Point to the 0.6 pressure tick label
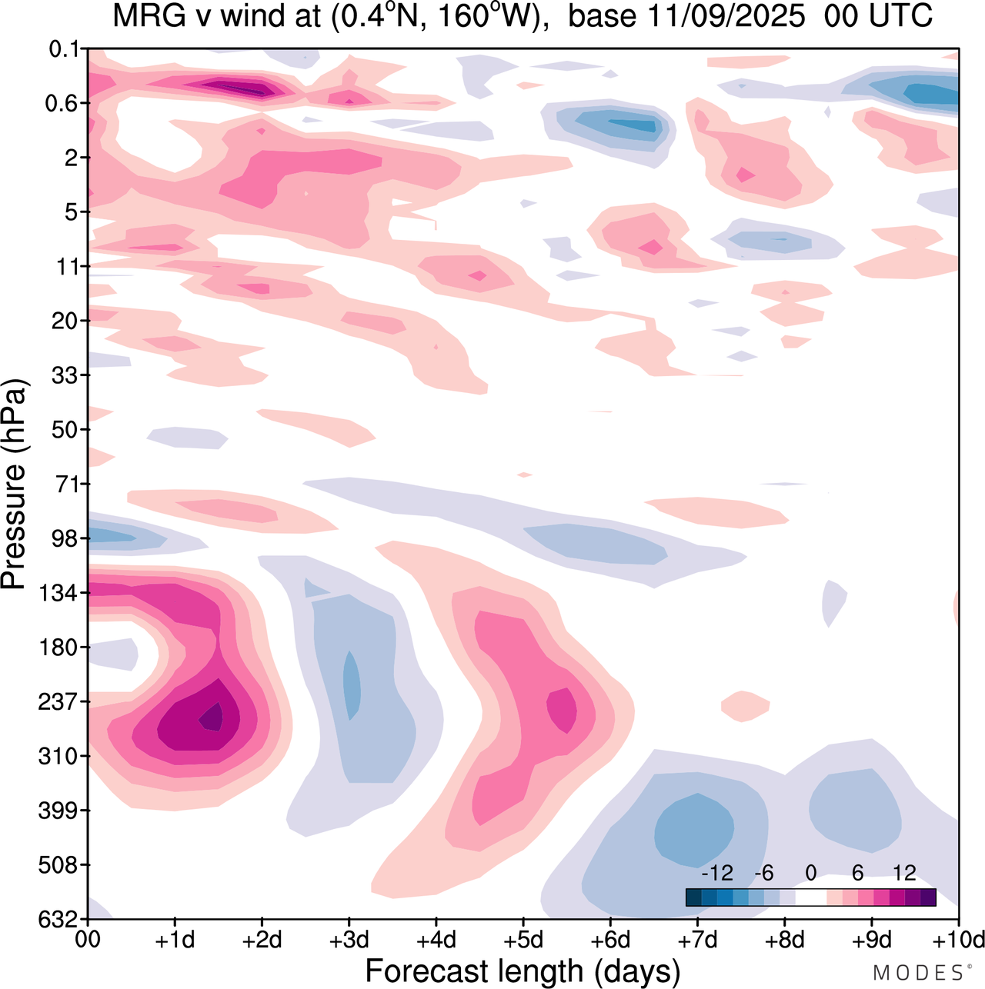pos(62,104)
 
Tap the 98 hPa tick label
pos(65,538)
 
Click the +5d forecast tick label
pos(523,940)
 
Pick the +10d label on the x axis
pos(957,940)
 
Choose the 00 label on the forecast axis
pos(88,940)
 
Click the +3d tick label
pos(349,940)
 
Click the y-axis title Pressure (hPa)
pos(14,485)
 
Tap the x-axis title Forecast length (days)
pos(523,971)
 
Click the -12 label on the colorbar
pos(716,873)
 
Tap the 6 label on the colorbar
pos(857,873)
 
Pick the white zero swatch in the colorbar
pos(810,897)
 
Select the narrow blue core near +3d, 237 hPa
pos(351,684)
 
